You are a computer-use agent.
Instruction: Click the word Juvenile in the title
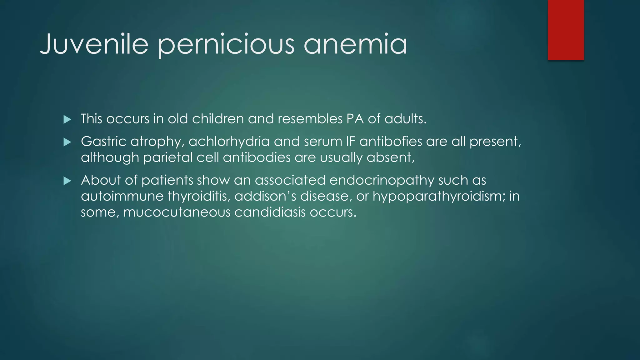[x=94, y=44]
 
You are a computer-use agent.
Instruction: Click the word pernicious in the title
[x=226, y=44]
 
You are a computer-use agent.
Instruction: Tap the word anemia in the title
[x=355, y=44]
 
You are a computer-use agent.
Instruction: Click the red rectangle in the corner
[x=566, y=30]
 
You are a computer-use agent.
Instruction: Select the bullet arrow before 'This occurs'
[x=67, y=119]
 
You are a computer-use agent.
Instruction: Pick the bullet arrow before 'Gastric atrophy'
[x=67, y=142]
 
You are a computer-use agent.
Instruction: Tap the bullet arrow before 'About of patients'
[x=67, y=181]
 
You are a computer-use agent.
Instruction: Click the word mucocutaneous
[x=177, y=212]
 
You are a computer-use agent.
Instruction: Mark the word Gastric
[x=103, y=142]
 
